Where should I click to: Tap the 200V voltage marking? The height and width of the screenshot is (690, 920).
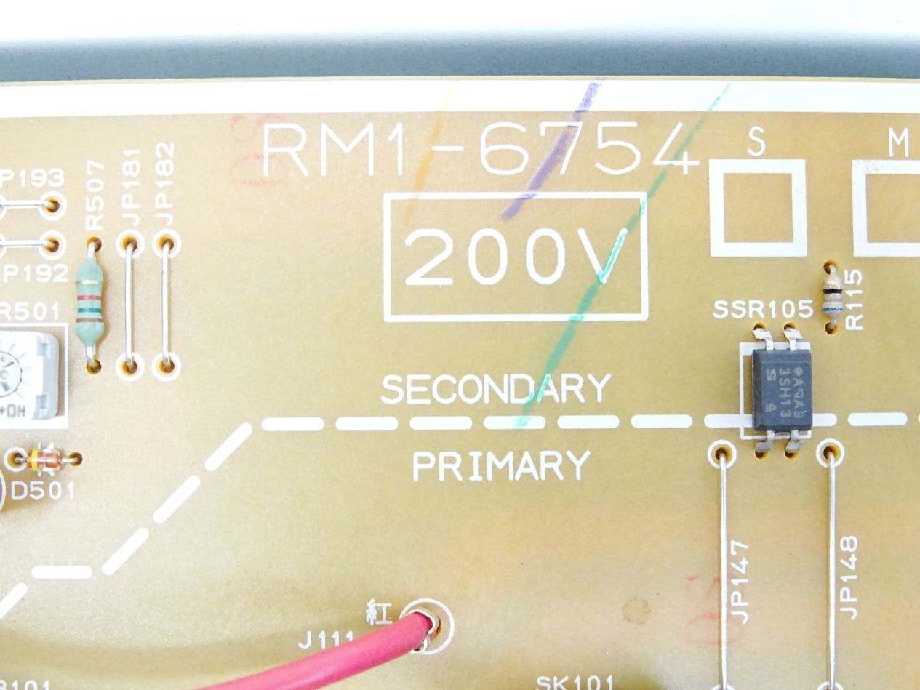[x=516, y=257]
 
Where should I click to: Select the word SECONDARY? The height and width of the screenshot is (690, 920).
[x=495, y=390]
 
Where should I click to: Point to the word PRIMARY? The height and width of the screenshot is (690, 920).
[x=500, y=466]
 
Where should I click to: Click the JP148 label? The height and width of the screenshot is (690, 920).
[x=849, y=578]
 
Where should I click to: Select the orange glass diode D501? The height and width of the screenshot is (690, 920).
[x=44, y=459]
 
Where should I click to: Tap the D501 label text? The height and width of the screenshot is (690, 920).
[x=42, y=491]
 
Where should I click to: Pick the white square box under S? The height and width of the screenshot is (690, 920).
[x=758, y=208]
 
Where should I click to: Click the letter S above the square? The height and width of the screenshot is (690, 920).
[x=756, y=143]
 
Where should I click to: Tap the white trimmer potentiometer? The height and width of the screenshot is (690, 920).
[x=29, y=375]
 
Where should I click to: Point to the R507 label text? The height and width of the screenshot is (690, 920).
[x=95, y=196]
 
